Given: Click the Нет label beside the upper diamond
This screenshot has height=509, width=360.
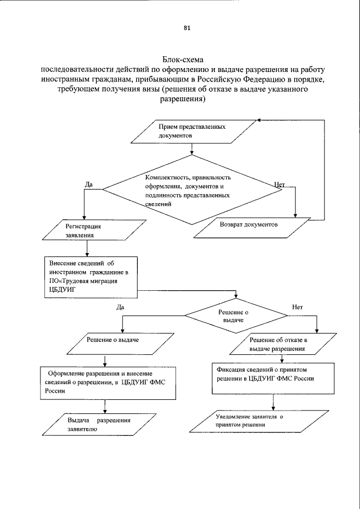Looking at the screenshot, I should (280, 184).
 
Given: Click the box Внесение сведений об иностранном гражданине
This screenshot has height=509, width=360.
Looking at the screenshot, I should (91, 276).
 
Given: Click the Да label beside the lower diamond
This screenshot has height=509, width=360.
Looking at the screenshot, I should (120, 307).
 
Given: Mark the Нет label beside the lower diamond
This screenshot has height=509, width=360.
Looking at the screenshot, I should (298, 307).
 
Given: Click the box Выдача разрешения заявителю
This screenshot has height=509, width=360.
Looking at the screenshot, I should (99, 424).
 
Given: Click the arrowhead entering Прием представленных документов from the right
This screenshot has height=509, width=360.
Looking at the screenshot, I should (256, 120).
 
